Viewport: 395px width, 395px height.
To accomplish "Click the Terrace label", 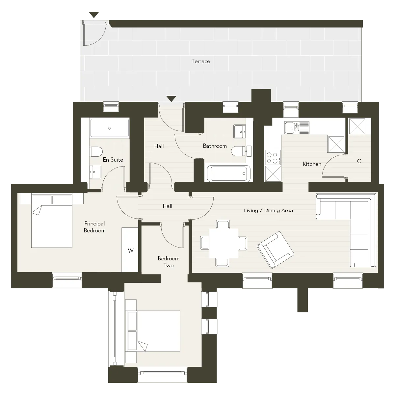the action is (x=201, y=61).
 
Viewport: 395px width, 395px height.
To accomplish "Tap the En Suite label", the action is (x=113, y=160).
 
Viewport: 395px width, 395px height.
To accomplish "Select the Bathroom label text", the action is (x=215, y=146).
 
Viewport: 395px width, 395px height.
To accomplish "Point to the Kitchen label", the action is (x=312, y=164).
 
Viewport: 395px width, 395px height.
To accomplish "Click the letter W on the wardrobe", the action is (x=131, y=250).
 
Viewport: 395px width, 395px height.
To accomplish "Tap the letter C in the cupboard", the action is (x=359, y=161).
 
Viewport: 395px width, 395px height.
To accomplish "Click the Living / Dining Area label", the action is (x=268, y=210).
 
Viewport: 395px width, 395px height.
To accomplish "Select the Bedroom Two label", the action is (x=169, y=262).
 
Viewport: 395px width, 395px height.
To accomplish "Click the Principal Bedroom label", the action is (x=94, y=227).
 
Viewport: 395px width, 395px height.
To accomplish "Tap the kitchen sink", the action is (x=297, y=128).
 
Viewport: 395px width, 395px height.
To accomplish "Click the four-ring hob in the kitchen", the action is (x=273, y=158).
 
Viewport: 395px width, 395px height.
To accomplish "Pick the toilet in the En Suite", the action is (x=96, y=151).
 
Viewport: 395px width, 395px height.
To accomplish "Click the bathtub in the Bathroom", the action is (x=228, y=173).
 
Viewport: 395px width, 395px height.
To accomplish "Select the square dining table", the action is (x=224, y=243).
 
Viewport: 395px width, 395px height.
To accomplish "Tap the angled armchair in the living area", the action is (x=275, y=250).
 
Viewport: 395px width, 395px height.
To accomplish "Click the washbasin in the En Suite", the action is (x=95, y=172).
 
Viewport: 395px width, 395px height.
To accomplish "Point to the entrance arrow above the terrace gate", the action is (x=94, y=15).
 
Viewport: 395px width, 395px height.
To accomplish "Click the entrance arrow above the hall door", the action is (x=171, y=99).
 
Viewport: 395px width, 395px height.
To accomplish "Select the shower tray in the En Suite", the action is (x=110, y=128).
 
